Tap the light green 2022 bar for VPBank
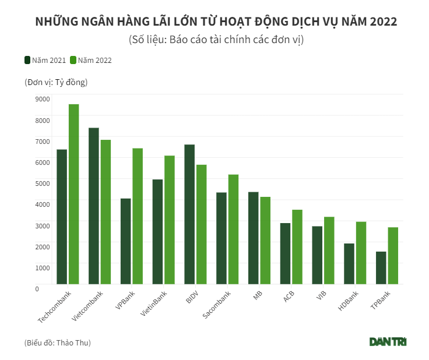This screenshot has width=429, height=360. tap(138, 216)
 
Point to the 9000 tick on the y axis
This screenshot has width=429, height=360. tap(42, 99)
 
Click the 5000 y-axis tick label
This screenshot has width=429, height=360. tap(42, 183)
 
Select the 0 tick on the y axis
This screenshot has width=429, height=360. tap(37, 288)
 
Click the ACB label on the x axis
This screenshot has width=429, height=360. tap(289, 297)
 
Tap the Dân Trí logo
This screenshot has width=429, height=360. tap(388, 341)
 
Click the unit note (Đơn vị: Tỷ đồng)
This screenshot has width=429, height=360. tap(56, 82)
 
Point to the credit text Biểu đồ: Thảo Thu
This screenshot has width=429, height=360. tap(58, 343)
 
